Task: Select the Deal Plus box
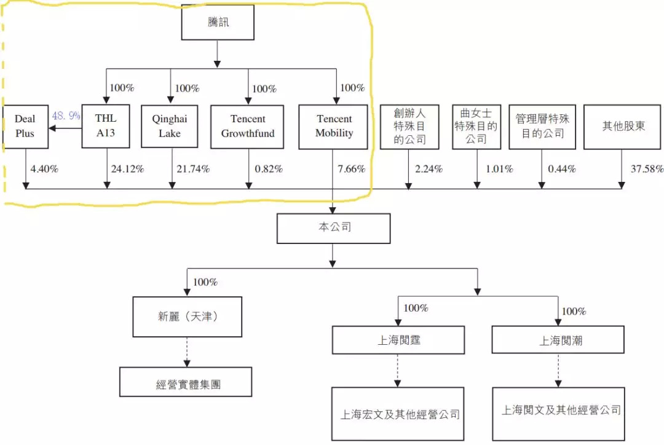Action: coord(25,127)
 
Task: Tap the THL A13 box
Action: coord(106,126)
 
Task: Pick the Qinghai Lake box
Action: coord(170,126)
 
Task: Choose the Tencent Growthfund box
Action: coord(248,127)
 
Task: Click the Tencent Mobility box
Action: coord(334,127)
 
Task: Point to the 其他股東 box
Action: coord(621,127)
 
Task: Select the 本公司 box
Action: coord(333,228)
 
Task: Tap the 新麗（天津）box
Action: coord(188,317)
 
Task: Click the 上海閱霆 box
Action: coord(398,340)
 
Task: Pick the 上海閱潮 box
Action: coord(558,341)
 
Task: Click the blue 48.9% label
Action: coord(66,116)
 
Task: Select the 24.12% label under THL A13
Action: coord(127,169)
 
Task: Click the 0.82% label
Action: coord(269,169)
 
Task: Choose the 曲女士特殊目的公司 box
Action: coord(476,127)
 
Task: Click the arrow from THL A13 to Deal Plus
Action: coord(65,129)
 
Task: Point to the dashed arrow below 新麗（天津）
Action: coord(187,352)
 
